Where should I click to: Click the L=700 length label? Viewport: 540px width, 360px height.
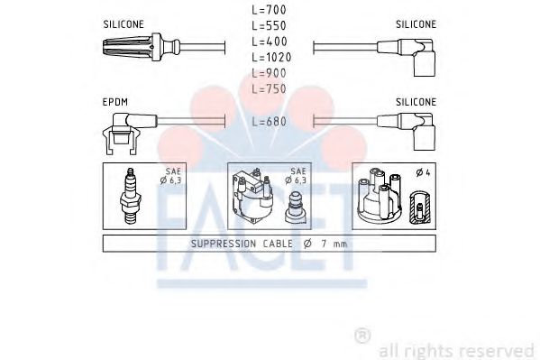click(x=269, y=10)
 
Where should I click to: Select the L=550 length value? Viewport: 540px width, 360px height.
click(x=269, y=25)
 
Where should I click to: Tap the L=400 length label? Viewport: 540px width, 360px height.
click(x=270, y=42)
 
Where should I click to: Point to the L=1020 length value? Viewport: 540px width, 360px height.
click(x=271, y=57)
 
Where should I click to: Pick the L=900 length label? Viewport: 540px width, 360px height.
click(x=269, y=73)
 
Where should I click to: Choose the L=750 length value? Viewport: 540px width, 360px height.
click(x=269, y=89)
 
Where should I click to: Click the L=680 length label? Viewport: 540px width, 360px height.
click(x=269, y=122)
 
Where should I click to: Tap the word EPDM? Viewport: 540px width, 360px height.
click(x=115, y=102)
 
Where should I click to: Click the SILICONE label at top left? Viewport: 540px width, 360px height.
click(x=124, y=24)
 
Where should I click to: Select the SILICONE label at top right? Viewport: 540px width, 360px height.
click(x=416, y=24)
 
